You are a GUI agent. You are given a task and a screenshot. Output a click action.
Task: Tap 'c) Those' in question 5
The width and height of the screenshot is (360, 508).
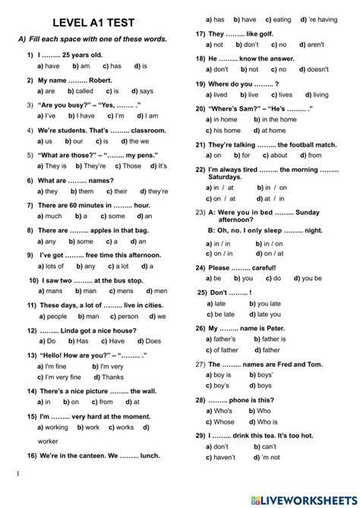[128, 165]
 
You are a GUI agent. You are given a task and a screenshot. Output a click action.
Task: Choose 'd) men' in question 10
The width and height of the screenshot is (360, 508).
[155, 290]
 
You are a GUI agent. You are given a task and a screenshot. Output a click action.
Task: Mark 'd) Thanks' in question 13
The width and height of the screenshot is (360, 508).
[109, 377]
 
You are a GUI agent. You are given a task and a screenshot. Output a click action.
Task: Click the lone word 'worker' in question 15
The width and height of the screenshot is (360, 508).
[48, 440]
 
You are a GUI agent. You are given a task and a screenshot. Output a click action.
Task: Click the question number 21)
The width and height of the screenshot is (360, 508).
[201, 144]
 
